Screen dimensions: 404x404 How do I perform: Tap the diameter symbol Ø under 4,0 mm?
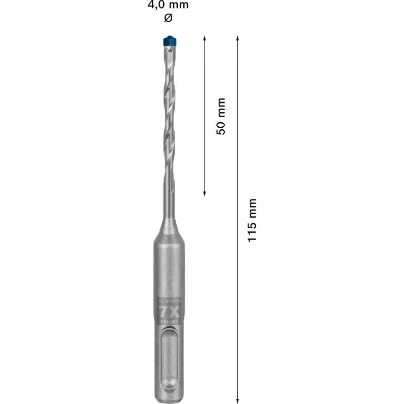click(168, 18)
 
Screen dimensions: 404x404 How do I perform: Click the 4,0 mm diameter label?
click(168, 6)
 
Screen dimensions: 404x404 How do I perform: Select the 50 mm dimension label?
click(220, 116)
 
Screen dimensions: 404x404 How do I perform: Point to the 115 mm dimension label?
click(252, 219)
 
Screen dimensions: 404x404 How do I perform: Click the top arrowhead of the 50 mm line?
click(204, 38)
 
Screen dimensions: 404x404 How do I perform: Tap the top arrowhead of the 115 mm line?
click(237, 38)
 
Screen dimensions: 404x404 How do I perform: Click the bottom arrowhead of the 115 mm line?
click(237, 396)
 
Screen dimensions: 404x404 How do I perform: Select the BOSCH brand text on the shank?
click(168, 302)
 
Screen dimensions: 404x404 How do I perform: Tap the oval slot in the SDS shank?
click(168, 359)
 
